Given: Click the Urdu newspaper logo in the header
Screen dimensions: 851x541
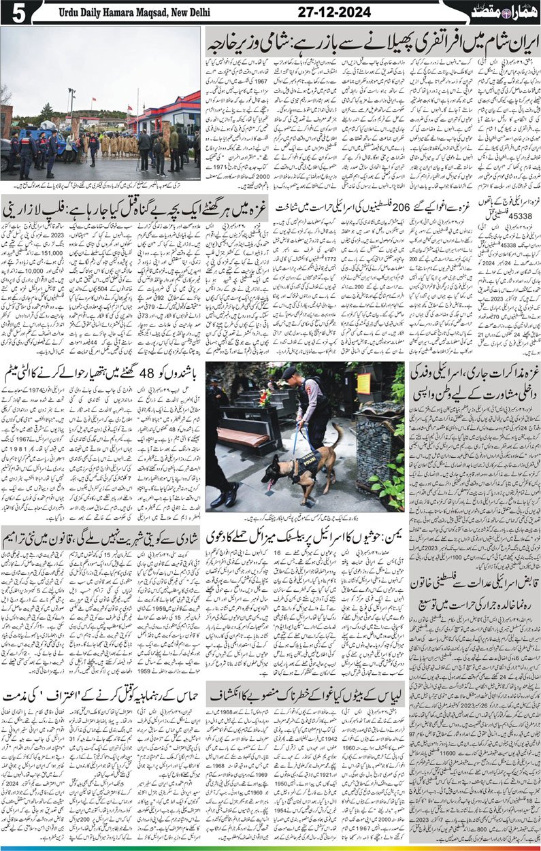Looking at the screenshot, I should click(504, 11).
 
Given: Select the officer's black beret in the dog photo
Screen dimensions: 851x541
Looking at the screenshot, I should click(289, 371).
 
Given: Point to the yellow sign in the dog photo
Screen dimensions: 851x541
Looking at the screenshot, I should click(364, 382).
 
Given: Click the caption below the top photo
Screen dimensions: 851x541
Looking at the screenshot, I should click(101, 186).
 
